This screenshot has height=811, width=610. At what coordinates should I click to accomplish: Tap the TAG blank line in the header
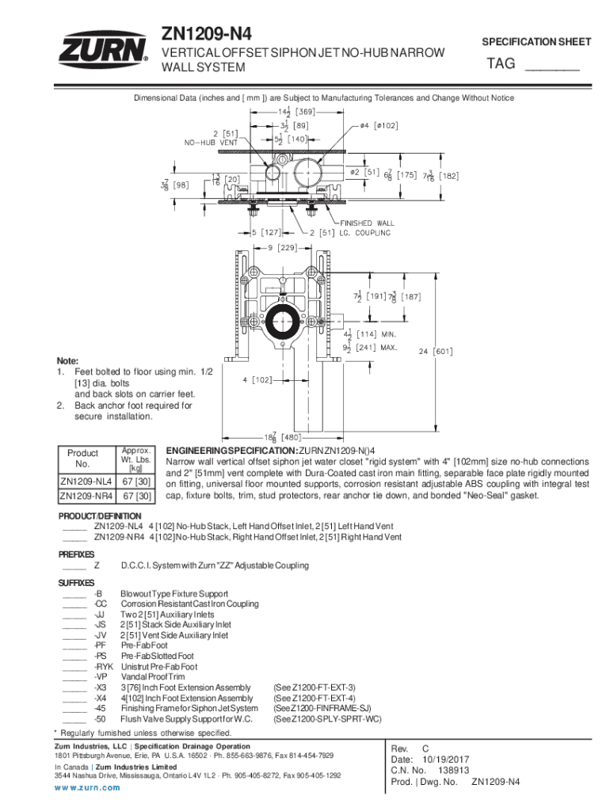[551, 68]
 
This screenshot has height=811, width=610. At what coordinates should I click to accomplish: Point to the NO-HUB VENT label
[211, 143]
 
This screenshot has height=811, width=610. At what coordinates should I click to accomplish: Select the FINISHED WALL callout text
[367, 223]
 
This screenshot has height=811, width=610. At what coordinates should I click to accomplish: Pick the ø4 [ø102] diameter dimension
[379, 124]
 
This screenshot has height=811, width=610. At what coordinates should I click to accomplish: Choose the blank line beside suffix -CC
[73, 604]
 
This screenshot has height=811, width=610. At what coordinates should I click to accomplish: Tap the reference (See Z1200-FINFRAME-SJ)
[322, 708]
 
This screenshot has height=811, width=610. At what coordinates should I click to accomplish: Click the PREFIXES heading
[76, 554]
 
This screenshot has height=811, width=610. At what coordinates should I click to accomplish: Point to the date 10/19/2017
[451, 759]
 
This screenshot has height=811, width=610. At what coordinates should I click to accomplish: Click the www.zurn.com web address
[87, 787]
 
